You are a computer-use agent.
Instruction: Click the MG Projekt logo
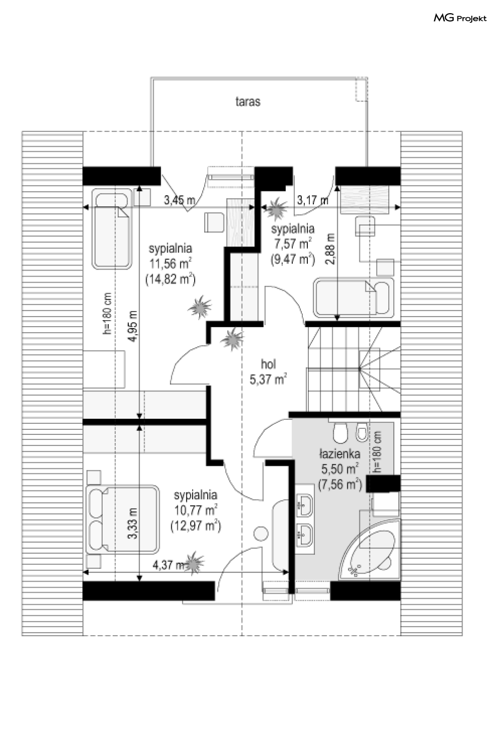point(460,18)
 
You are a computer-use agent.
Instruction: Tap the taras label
point(248,102)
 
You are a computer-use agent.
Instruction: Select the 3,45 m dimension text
point(179,200)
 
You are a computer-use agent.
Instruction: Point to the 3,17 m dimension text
point(312,200)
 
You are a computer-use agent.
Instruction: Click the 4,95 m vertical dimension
point(133,326)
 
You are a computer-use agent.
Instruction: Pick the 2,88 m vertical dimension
point(331,249)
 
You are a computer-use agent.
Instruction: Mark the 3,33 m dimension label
point(133,523)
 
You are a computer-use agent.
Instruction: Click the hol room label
point(268,364)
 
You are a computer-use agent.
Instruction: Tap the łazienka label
point(340,454)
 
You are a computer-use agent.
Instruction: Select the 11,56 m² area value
point(171,263)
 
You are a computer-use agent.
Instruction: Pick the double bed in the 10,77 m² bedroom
point(123,519)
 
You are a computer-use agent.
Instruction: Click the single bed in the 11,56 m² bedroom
point(112,229)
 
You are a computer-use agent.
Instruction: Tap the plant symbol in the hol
point(232,339)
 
